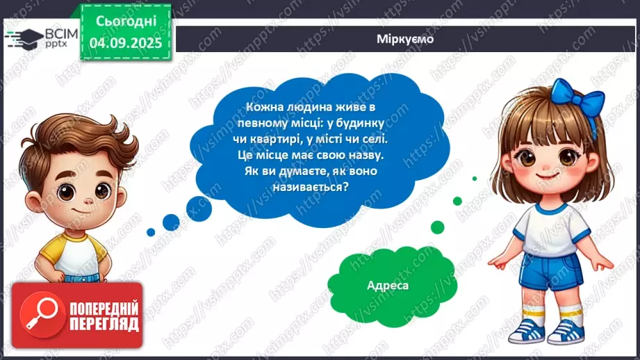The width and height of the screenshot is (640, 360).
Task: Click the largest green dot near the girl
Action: [437, 227]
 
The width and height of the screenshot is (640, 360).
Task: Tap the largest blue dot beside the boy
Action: [171, 222]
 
